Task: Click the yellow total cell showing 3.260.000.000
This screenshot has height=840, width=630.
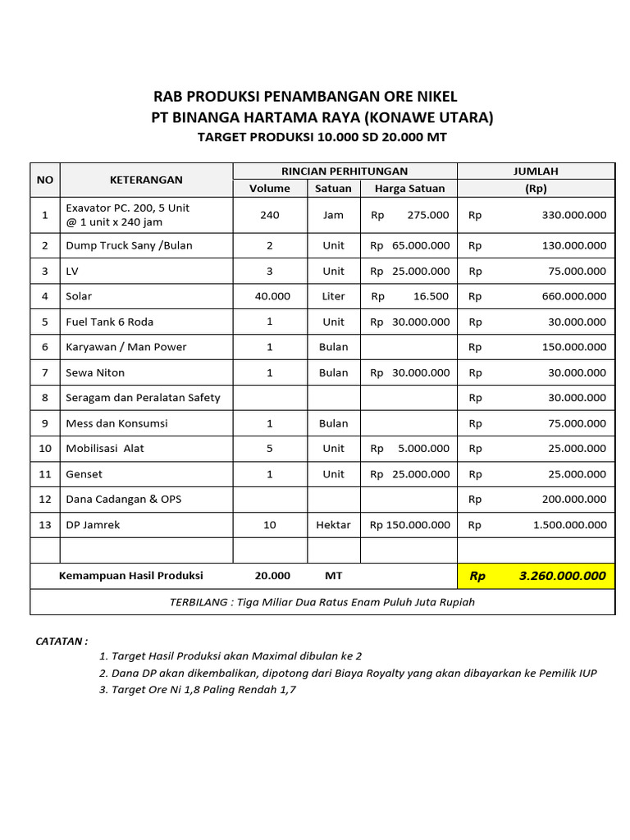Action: click(536, 576)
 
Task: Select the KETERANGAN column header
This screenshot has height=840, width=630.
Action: click(146, 180)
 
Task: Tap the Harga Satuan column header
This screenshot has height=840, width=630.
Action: click(409, 188)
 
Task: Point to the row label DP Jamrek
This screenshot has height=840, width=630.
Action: click(93, 525)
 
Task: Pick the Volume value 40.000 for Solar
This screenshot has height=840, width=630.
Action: click(270, 296)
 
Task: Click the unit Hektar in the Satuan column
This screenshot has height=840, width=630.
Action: click(333, 525)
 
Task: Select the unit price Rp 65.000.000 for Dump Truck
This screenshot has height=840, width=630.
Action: click(409, 245)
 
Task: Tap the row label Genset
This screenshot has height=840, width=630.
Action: click(84, 474)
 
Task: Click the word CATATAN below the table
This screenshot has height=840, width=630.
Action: click(62, 641)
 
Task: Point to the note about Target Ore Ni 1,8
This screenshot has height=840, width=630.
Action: click(197, 690)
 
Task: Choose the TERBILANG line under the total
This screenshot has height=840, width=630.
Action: click(322, 602)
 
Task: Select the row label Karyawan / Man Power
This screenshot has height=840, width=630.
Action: click(126, 347)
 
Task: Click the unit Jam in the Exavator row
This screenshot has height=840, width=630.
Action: click(333, 215)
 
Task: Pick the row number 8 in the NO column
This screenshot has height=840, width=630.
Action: click(45, 398)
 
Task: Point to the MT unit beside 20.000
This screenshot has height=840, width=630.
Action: click(333, 576)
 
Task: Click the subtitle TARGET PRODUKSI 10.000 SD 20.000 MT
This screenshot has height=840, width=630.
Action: click(322, 137)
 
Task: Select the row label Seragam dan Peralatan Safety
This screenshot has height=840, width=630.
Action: click(143, 398)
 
